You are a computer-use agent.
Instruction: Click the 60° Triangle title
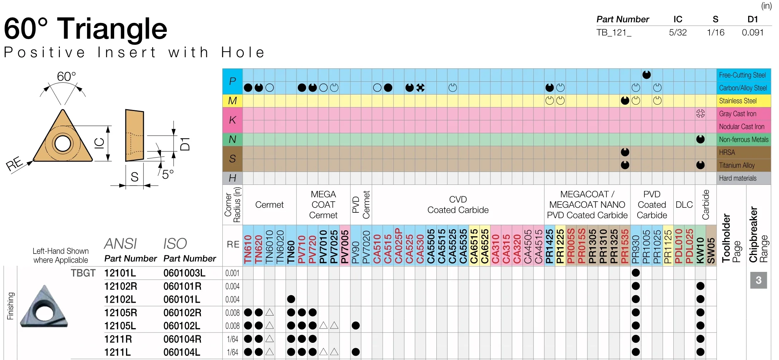click(86, 29)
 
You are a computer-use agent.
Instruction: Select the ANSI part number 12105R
click(120, 313)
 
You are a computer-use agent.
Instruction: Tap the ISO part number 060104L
click(182, 352)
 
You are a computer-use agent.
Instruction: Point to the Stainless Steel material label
click(737, 101)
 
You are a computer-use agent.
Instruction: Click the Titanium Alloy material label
click(737, 165)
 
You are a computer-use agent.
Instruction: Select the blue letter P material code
click(232, 81)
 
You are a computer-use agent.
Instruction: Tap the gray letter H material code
click(232, 178)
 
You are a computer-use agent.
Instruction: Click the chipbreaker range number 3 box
click(758, 280)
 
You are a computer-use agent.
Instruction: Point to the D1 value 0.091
click(753, 33)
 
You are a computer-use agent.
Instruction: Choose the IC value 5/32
click(678, 33)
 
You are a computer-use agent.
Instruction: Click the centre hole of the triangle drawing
click(63, 144)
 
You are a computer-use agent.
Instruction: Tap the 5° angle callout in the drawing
click(168, 174)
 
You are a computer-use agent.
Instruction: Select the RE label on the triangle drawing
click(15, 164)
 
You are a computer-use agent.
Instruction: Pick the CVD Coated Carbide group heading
click(458, 205)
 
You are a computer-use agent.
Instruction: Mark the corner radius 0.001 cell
click(232, 273)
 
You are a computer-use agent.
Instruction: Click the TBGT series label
click(83, 273)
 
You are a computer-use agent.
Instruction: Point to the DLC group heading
click(684, 205)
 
